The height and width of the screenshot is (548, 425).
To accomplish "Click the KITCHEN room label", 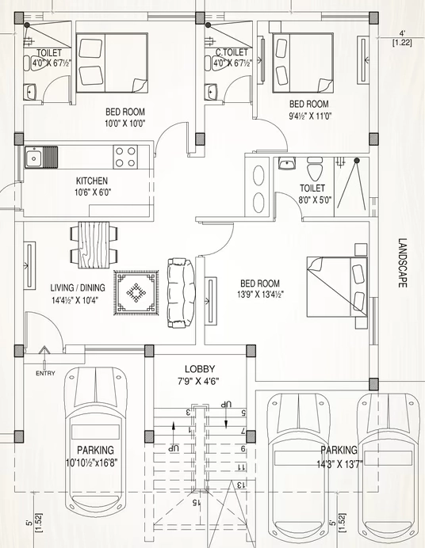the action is click(92, 181).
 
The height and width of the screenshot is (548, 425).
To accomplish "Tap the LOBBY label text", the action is click(200, 369).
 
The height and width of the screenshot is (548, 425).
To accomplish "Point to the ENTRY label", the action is click(45, 373).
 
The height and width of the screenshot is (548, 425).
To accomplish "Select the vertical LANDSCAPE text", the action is click(403, 263).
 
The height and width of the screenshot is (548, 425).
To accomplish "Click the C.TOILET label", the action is click(232, 52).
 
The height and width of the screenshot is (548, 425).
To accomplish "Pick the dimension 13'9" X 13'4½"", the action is click(260, 295).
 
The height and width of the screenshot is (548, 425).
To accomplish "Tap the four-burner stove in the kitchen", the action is click(125, 157).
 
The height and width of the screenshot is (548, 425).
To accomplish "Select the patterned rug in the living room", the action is click(136, 292).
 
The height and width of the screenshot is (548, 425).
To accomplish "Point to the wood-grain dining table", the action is click(94, 245).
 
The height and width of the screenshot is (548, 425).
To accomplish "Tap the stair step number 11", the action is click(242, 467).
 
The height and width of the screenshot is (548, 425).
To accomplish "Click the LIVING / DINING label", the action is click(78, 287).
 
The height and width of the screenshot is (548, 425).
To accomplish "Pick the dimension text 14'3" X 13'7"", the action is click(339, 464).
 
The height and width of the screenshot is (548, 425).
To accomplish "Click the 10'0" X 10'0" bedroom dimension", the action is click(124, 123).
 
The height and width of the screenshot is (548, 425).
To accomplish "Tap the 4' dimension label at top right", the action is click(403, 33).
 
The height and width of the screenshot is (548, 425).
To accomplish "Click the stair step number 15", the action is click(197, 503).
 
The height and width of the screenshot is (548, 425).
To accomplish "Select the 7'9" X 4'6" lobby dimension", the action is click(198, 381).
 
